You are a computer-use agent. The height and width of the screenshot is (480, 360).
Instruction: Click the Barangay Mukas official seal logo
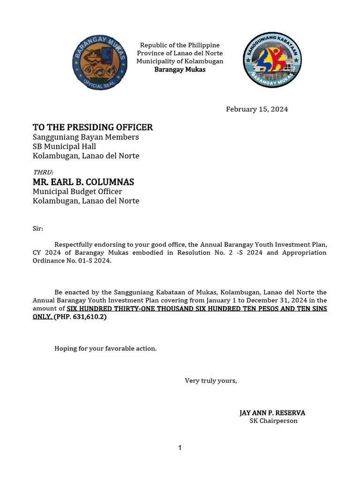[99, 61]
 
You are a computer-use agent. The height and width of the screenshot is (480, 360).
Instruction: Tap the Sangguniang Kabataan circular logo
[272, 60]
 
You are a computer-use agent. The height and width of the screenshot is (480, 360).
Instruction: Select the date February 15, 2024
[257, 109]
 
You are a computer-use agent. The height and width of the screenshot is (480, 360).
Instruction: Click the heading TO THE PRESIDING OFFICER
[93, 127]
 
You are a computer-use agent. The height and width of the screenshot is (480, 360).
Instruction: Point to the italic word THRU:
[43, 172]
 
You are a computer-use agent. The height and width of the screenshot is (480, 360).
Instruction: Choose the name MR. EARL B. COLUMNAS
[83, 182]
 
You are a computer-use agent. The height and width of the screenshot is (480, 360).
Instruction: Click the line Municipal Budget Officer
[77, 192]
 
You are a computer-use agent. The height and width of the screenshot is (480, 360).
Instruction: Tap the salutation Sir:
[37, 229]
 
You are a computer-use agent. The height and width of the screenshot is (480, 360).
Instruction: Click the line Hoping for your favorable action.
[105, 348]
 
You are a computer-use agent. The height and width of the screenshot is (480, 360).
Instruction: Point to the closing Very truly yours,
[211, 381]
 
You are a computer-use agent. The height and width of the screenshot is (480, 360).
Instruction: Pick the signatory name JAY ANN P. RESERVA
[272, 413]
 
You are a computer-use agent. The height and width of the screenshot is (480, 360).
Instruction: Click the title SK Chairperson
[273, 421]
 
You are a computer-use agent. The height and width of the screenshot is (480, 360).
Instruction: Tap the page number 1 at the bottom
[180, 448]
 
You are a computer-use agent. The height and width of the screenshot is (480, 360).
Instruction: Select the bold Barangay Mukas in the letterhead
[180, 69]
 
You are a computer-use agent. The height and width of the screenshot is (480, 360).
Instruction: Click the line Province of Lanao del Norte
[180, 53]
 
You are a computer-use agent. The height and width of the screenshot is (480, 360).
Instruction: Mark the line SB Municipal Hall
[64, 146]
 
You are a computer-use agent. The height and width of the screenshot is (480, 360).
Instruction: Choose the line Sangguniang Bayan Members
[86, 137]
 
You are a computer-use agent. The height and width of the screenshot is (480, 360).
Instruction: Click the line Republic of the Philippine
[180, 45]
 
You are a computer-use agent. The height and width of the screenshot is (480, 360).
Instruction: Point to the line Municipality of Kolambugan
[180, 61]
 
